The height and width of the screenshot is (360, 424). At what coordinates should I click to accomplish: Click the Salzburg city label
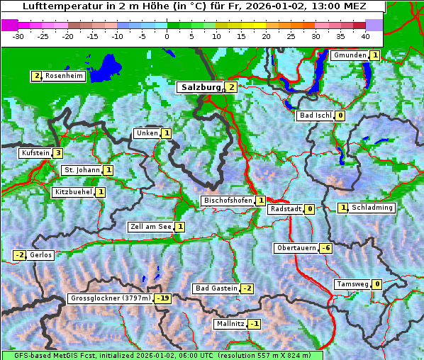201,87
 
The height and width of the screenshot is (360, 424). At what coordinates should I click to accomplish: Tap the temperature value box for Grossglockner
164,298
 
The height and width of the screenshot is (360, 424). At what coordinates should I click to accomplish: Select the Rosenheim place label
64,76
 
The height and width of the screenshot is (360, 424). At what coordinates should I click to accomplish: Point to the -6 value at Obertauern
325,248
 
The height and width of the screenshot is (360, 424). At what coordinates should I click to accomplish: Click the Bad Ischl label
314,116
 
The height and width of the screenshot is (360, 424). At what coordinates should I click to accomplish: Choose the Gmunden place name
350,55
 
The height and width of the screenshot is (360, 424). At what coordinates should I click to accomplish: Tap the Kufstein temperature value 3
57,153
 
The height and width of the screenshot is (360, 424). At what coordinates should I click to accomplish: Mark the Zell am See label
150,227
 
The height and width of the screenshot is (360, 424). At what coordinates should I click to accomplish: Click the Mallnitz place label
230,324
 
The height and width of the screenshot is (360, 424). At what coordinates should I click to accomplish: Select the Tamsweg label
352,284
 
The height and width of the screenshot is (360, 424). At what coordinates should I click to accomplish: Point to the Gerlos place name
41,255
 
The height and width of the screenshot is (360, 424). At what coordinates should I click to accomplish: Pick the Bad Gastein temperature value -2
247,288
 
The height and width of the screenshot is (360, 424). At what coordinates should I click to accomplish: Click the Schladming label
372,208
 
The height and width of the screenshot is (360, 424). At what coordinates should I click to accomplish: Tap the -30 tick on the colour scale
19,36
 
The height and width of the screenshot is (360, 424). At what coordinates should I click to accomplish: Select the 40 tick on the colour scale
365,36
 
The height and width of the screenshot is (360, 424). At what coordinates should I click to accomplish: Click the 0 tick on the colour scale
167,36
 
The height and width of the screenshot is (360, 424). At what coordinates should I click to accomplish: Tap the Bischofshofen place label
228,201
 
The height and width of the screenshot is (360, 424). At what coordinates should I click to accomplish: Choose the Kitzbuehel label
73,192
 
